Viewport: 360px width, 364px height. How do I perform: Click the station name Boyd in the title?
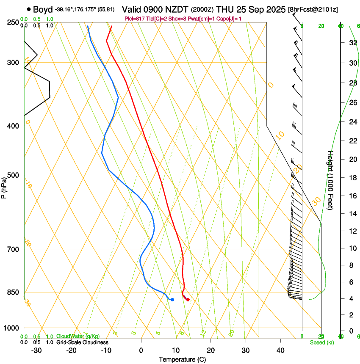42,9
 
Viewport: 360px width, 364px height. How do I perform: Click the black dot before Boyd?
28,9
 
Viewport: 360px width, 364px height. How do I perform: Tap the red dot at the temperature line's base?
188,300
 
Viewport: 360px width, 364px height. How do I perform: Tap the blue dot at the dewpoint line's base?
172,300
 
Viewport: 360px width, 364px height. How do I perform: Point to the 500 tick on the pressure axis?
13,175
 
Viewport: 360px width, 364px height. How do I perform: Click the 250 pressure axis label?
13,22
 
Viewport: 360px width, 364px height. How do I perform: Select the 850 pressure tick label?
13,292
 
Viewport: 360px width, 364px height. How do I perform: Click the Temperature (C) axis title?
182,359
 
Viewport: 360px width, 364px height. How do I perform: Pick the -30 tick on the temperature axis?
36,350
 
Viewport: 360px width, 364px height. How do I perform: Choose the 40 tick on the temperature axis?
280,350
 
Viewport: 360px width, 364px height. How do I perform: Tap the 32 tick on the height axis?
352,43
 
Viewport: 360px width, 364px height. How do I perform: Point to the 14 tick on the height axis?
352,214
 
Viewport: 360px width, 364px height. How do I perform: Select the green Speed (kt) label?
321,342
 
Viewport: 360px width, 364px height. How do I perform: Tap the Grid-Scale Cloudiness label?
82,342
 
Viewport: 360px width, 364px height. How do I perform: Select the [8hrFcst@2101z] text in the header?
313,9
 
